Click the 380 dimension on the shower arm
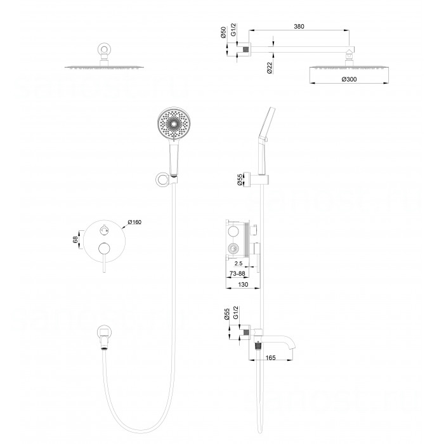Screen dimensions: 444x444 [x=299, y=27]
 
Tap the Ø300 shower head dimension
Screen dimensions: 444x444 [x=349, y=79]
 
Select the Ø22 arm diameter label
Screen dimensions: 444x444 [x=270, y=68]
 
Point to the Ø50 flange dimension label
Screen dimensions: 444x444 [x=223, y=32]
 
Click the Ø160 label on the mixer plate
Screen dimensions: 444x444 [x=134, y=222]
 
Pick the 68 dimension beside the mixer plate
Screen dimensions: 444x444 [x=75, y=240]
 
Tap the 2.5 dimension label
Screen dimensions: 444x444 [x=238, y=263]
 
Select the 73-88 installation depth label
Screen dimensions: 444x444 [x=237, y=273]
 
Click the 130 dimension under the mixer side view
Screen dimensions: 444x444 [x=243, y=284]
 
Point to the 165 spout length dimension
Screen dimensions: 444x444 [x=270, y=358]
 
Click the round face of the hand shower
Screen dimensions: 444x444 [x=174, y=124]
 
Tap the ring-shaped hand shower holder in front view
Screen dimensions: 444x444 [x=162, y=180]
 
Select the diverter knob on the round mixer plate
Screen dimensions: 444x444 [x=104, y=230]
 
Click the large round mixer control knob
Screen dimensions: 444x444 [x=104, y=249]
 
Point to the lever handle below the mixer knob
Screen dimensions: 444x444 [x=104, y=263]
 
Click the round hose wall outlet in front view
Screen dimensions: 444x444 [x=104, y=332]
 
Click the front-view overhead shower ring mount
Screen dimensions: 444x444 [x=104, y=49]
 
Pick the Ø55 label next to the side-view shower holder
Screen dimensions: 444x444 [x=240, y=180]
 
